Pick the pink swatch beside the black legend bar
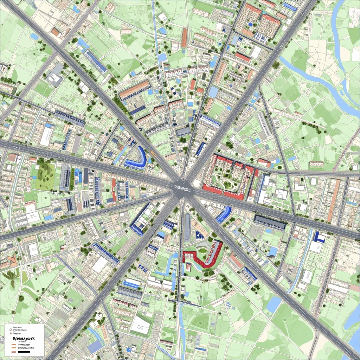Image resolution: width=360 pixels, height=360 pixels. click(x=13, y=352)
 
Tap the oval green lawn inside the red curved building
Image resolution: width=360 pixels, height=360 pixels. click(x=202, y=250)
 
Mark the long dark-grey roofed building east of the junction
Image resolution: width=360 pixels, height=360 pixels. click(x=270, y=222)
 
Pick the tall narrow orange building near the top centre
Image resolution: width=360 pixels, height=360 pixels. click(x=185, y=38)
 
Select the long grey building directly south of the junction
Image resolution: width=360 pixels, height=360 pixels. click(x=187, y=227)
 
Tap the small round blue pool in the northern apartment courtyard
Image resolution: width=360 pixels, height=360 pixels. click(x=250, y=24)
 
